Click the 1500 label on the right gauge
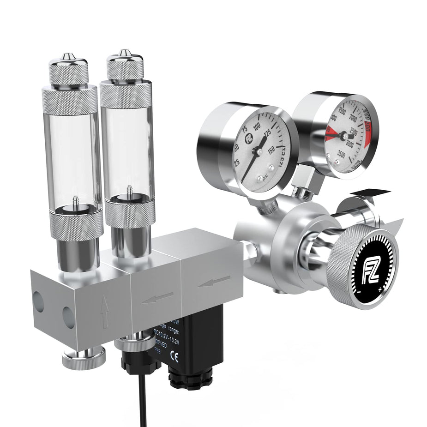(x=342, y=110)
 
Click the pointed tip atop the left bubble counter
(x=67, y=55)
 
